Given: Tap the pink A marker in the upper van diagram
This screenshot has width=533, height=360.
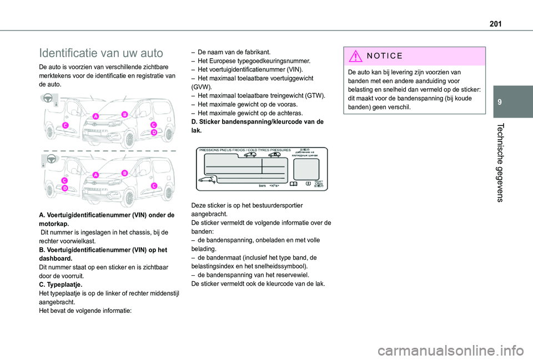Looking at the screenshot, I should click(x=96, y=116).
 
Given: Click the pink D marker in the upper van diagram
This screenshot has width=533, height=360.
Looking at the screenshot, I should click(x=154, y=133).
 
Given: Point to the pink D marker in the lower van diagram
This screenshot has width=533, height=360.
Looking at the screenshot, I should click(x=65, y=189).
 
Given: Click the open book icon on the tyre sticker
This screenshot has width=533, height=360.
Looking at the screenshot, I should click(x=293, y=182).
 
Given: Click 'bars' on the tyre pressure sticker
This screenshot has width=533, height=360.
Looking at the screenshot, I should click(x=263, y=186).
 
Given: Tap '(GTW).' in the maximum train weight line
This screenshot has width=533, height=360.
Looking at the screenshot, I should click(x=313, y=95).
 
